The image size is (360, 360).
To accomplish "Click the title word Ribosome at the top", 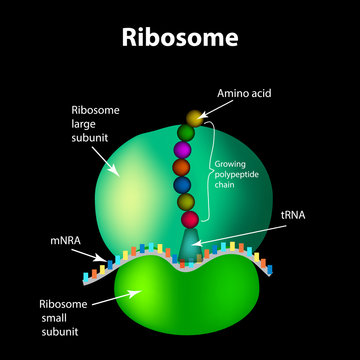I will click(x=180, y=38).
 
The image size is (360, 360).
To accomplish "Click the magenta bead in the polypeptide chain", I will click(x=184, y=149).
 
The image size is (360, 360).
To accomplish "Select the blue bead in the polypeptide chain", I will click(x=182, y=186).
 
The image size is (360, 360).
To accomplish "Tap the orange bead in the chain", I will click(x=182, y=168).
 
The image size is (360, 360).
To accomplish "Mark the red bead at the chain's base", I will click(x=187, y=221).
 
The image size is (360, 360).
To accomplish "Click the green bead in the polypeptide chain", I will click(x=185, y=131).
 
